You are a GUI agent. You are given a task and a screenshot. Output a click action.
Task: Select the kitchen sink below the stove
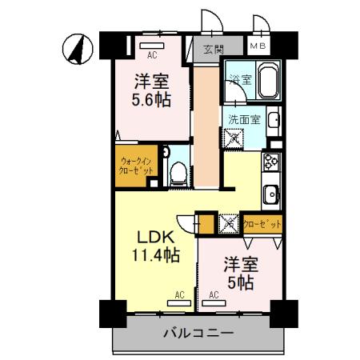pyautogui.click(x=270, y=193)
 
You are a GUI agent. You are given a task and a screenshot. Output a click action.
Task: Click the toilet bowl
pyautogui.click(x=178, y=170)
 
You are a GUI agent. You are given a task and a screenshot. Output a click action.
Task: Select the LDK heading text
pyautogui.click(x=153, y=238)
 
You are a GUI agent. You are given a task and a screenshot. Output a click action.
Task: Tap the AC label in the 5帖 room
pyautogui.click(x=214, y=295)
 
